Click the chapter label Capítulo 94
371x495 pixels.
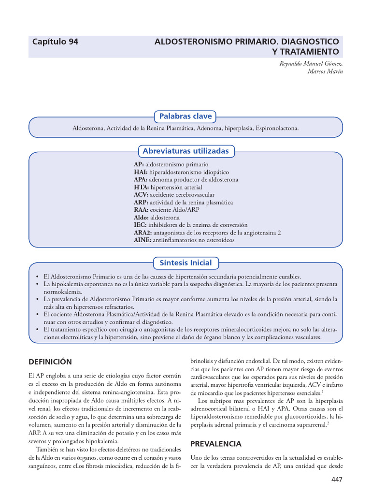coord(55,42)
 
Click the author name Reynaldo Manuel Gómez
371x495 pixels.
coord(312,63)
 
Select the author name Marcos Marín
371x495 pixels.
coord(325,71)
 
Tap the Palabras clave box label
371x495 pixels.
coord(185,116)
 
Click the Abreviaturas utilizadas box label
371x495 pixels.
coord(185,151)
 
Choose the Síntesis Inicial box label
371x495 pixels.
coord(185,263)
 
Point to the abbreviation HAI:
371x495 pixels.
coord(141,172)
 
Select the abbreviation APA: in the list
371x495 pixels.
coord(141,179)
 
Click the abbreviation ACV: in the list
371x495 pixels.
coord(142,194)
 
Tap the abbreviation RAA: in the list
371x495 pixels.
coord(142,210)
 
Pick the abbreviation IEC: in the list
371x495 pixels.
coord(141,225)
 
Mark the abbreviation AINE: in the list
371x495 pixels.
coord(143,240)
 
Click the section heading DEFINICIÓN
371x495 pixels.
coord(50,362)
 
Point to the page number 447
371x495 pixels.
coord(336,479)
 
